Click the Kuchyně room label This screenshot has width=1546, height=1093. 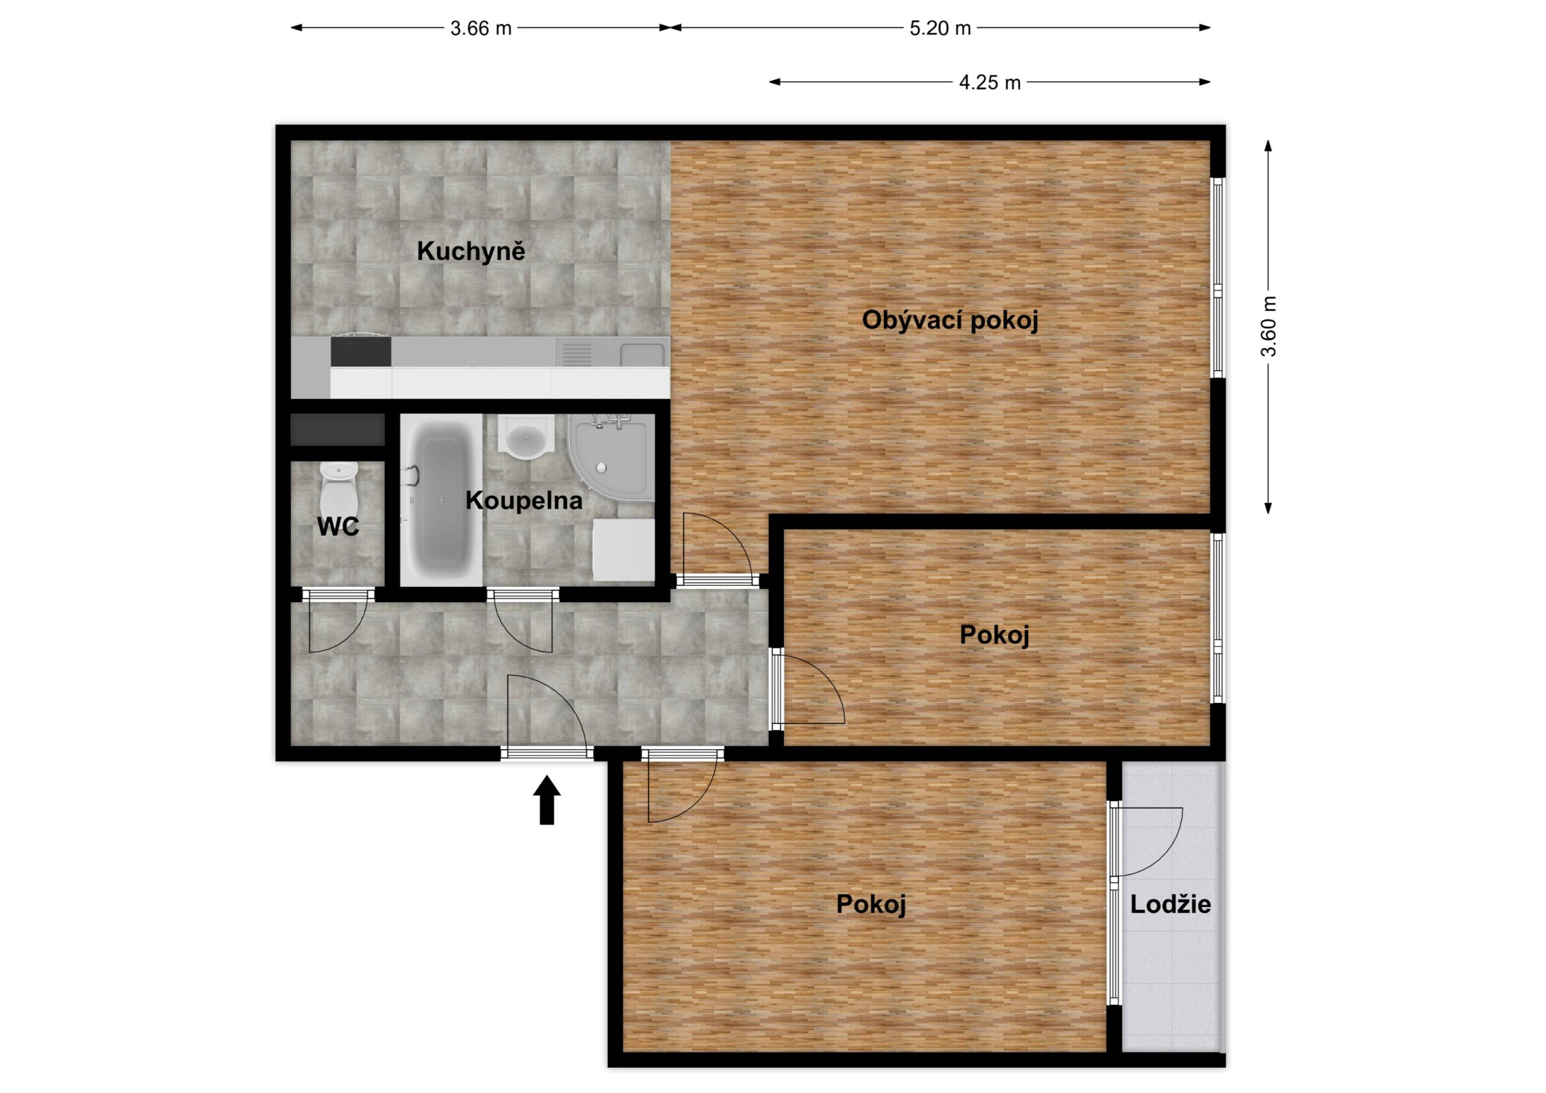470,251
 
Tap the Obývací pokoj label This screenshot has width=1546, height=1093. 950,320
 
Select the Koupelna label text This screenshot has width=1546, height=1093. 524,501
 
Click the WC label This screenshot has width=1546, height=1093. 338,527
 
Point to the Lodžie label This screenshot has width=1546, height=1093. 1170,904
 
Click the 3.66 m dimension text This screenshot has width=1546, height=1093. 481,28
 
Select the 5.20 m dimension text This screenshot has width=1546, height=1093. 940,28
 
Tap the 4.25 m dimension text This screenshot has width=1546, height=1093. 990,83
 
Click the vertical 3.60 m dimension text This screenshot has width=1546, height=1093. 1269,327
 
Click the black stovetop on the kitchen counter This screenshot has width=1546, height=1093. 361,351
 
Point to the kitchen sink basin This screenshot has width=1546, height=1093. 643,353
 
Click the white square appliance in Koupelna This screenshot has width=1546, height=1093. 623,550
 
